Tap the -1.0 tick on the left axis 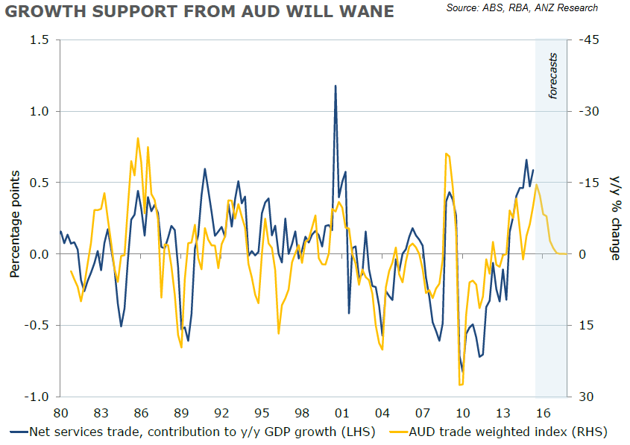tap(34, 397)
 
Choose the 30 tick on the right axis tap(586, 397)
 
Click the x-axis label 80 tap(61, 413)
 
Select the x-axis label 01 tap(342, 413)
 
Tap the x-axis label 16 tap(543, 413)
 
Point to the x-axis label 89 tap(181, 413)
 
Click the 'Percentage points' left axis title tap(14, 218)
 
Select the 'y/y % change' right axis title tap(616, 218)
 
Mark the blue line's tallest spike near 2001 tap(336, 86)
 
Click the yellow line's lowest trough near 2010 tap(461, 385)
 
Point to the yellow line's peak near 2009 tap(446, 154)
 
